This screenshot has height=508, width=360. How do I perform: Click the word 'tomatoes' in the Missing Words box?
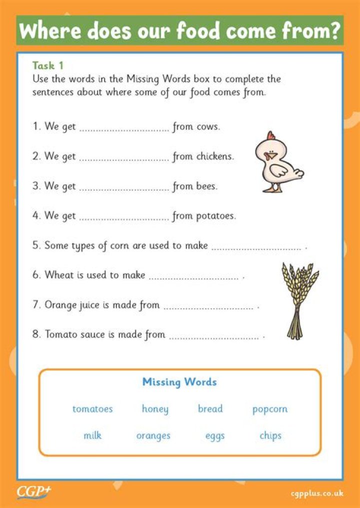click(x=92, y=409)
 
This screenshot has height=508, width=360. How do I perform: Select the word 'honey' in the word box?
click(x=155, y=409)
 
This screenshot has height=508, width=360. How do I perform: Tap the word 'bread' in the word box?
click(x=210, y=409)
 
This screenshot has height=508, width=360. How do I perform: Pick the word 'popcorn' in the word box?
click(x=270, y=409)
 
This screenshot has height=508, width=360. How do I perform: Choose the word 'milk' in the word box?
click(x=92, y=435)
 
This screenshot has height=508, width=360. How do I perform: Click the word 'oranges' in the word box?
click(x=153, y=436)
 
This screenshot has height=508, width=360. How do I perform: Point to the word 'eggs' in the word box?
click(x=215, y=436)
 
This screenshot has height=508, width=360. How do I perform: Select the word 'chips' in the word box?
click(x=270, y=435)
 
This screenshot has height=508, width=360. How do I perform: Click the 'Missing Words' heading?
click(x=179, y=382)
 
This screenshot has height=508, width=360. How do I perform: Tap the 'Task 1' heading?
click(x=47, y=65)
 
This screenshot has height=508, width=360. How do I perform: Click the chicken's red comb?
click(x=271, y=136)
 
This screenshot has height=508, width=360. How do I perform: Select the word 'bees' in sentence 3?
click(x=206, y=186)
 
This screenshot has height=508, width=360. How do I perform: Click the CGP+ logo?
click(x=33, y=492)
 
